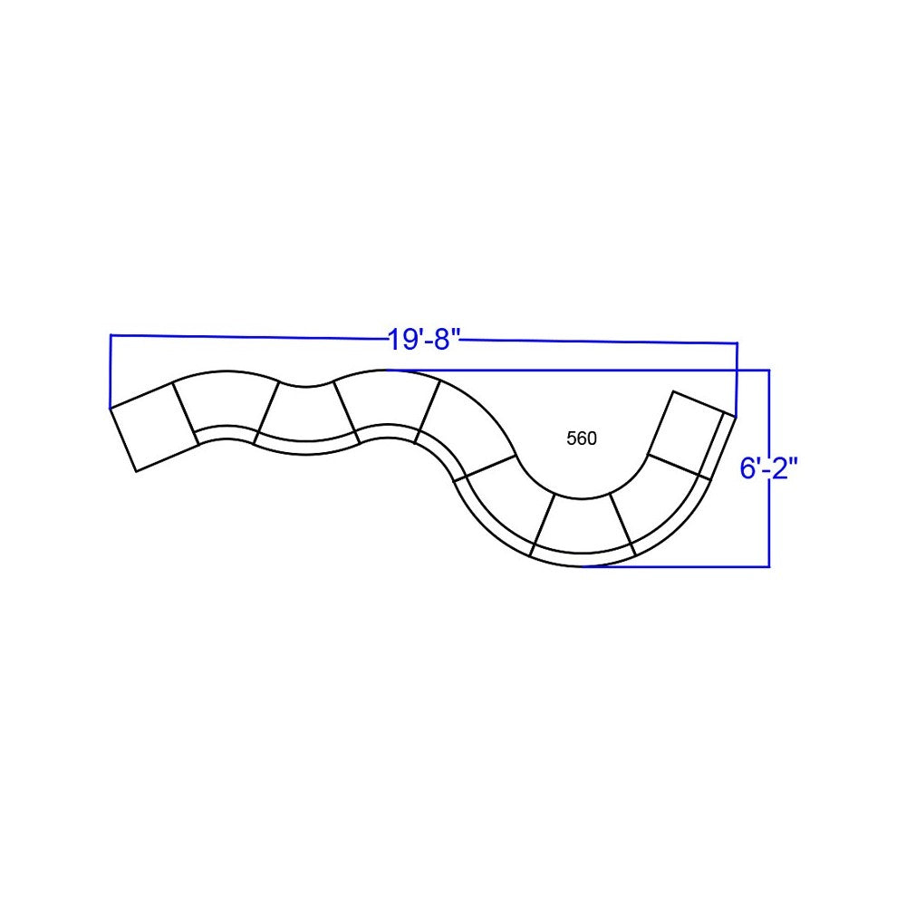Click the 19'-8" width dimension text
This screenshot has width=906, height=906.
coord(425,341)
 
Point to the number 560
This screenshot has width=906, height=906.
coord(582,439)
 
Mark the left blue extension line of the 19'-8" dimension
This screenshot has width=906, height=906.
coord(110,371)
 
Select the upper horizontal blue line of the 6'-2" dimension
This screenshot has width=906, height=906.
coord(580,370)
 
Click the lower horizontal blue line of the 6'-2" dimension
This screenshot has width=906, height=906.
coord(679,566)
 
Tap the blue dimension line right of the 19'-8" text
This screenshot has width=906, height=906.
coord(598,342)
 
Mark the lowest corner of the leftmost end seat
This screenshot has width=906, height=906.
coord(135,471)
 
